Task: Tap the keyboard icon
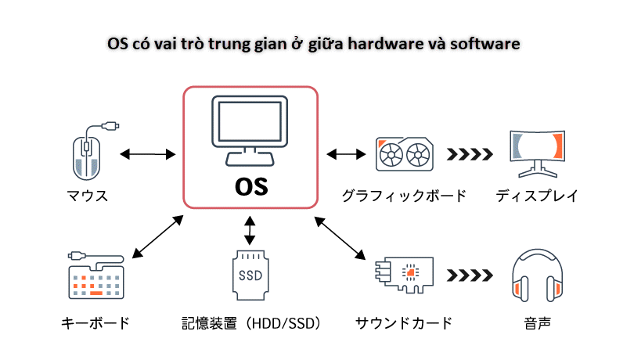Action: pos(95,278)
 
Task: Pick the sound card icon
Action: pos(404,276)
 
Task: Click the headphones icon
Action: pos(537,278)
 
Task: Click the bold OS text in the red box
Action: pos(250,187)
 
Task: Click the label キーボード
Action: pos(95,322)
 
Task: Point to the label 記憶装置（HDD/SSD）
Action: pos(250,322)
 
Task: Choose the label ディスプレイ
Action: pos(537,196)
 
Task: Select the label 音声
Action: pos(537,322)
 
